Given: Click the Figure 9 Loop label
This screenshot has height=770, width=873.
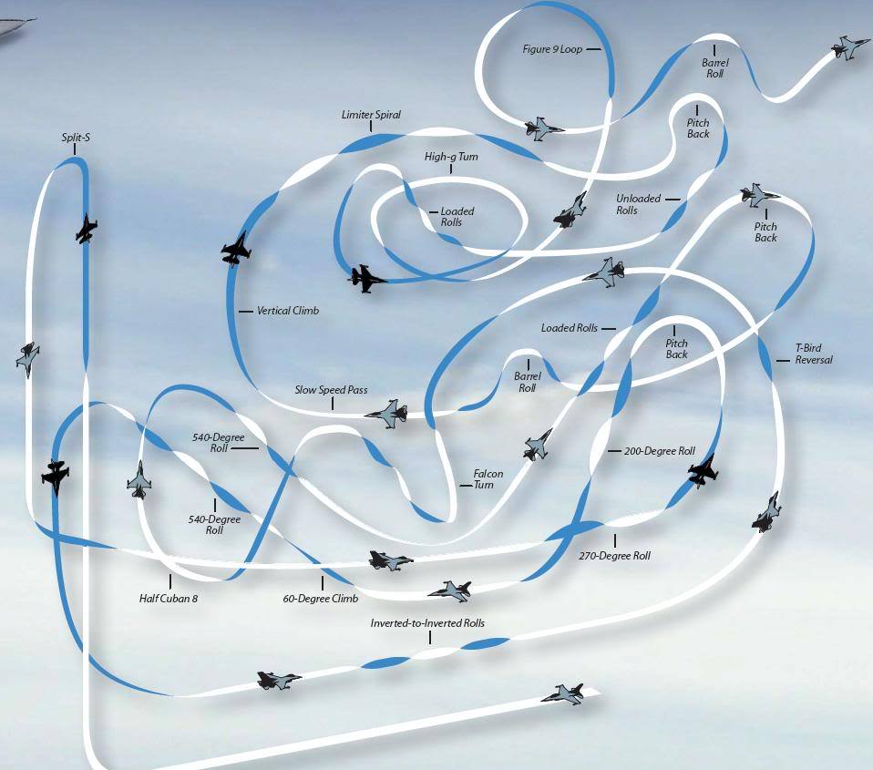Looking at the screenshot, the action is (x=552, y=49).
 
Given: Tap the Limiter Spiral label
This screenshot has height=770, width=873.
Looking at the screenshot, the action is (x=371, y=115).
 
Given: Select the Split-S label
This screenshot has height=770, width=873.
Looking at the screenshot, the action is (x=76, y=137).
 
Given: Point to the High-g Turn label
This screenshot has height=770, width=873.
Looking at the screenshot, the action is (x=451, y=157).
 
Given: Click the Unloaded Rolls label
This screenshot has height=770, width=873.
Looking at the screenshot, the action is (x=638, y=204).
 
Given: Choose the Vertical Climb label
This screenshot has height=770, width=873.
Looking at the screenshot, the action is (x=288, y=311).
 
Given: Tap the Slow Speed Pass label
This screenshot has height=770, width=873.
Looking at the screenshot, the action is (x=332, y=390).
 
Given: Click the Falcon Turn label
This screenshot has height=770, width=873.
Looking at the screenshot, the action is (x=488, y=478).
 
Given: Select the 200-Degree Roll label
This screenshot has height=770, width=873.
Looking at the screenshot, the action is (x=659, y=451).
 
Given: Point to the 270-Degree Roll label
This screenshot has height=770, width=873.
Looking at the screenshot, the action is (x=614, y=555).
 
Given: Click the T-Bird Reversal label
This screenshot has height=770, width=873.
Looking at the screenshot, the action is (x=814, y=354).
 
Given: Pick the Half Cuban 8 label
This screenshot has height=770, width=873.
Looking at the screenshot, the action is (x=169, y=599).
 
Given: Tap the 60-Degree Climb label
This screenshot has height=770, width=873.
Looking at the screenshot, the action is (x=320, y=599).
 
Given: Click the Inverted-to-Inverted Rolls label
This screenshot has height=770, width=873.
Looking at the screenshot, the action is (x=427, y=623).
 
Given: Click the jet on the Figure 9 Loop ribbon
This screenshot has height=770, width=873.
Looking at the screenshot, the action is (x=541, y=128).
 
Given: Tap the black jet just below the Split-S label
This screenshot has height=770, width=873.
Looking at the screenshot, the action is (x=86, y=229).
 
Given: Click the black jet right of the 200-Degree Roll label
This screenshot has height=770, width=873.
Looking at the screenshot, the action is (x=703, y=471).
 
